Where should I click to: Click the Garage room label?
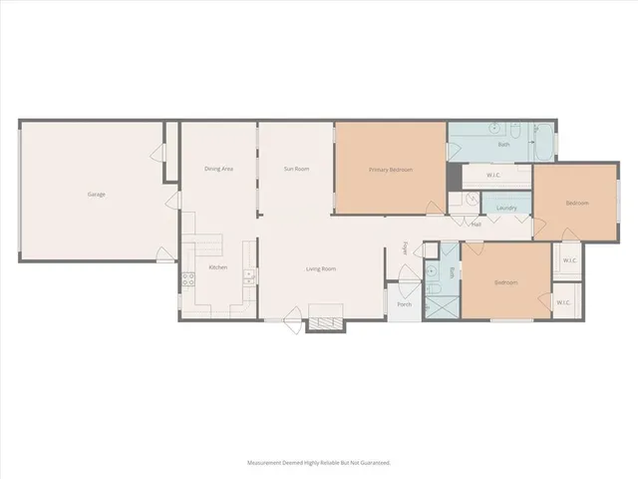click(96, 194)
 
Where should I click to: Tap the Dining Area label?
click(218, 169)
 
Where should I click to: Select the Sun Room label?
click(296, 169)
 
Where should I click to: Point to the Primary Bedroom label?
click(391, 170)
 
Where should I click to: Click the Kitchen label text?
click(217, 267)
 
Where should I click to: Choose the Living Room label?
click(320, 268)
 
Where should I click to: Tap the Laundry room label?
click(505, 208)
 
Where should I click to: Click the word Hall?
click(477, 225)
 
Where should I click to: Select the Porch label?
click(404, 304)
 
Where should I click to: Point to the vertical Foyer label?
click(406, 247)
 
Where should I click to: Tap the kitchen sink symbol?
click(250, 276)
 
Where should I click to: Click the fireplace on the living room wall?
click(325, 323)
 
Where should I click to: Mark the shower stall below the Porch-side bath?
click(436, 300)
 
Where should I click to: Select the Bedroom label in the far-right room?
click(577, 203)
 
